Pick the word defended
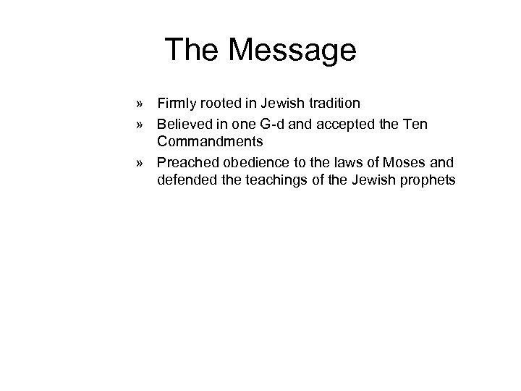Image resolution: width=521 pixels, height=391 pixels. coord(184,180)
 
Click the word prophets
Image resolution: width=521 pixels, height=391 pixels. coord(426,180)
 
